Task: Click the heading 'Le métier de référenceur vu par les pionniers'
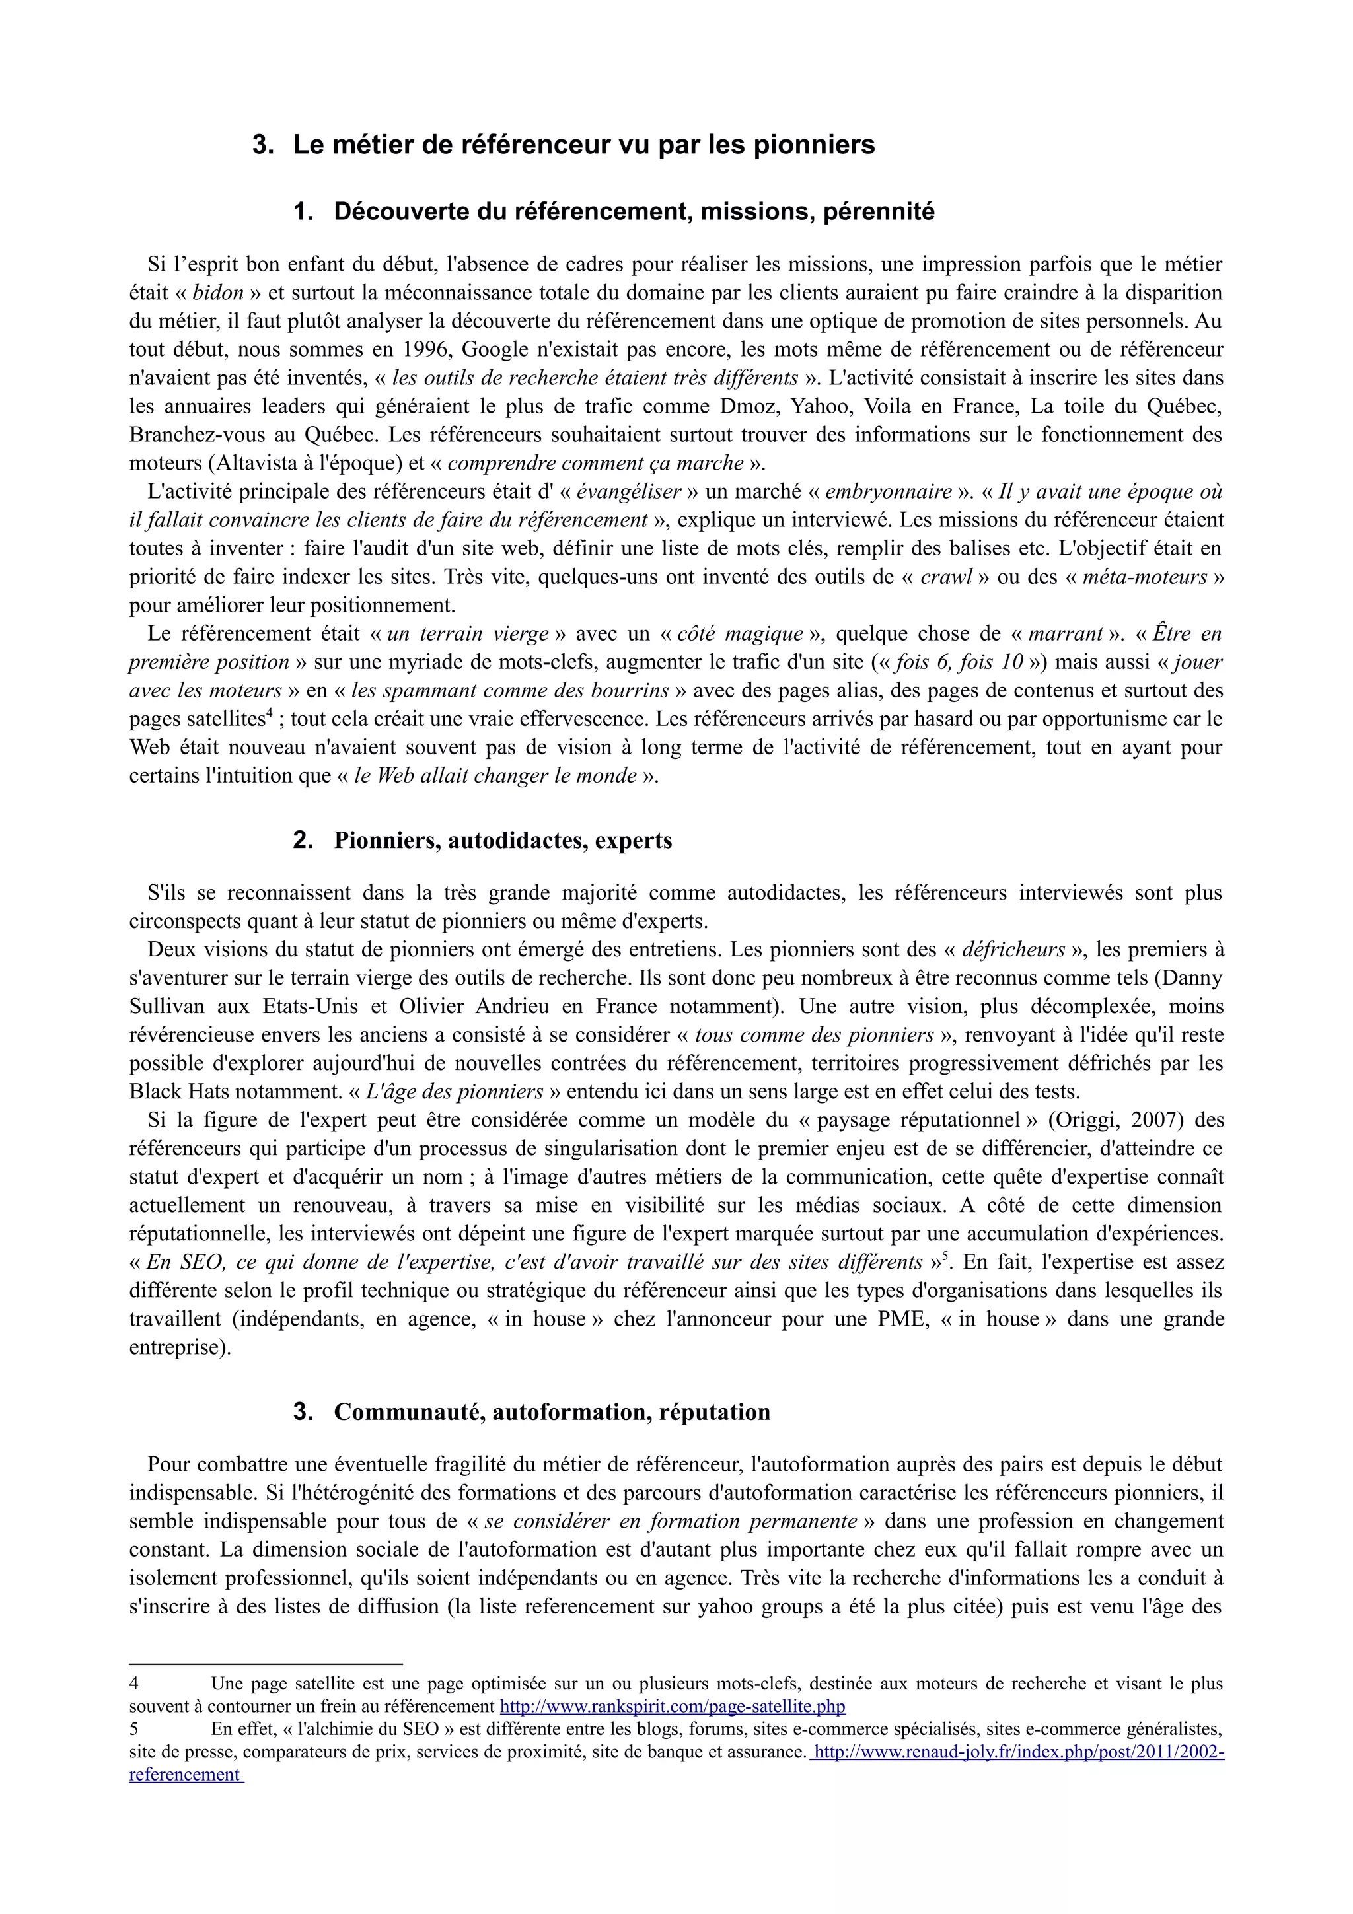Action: coord(583,145)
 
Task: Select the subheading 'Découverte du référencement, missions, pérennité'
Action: coord(634,212)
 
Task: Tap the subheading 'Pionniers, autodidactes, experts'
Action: coord(503,840)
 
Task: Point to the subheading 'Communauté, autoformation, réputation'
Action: coord(552,1412)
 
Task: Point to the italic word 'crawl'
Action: coord(945,577)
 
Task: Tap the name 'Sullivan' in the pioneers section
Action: coord(166,1006)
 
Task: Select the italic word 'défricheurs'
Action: coord(1013,950)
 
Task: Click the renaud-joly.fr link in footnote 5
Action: coord(1017,1752)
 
